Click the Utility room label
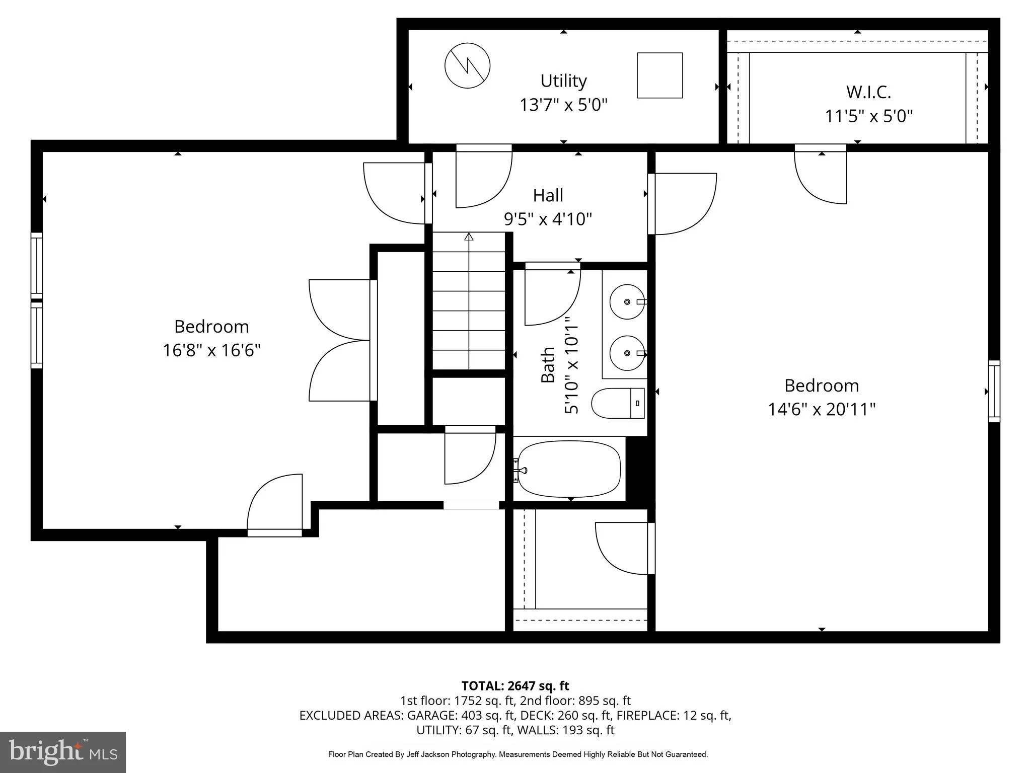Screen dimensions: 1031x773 click(563, 81)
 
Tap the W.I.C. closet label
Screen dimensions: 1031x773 click(868, 92)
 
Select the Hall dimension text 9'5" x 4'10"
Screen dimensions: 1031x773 click(548, 219)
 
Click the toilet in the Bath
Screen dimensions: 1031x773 click(618, 403)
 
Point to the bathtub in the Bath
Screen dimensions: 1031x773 click(569, 469)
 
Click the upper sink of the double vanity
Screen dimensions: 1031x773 click(627, 302)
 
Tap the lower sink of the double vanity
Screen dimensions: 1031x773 click(627, 353)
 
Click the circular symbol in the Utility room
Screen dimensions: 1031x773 click(468, 65)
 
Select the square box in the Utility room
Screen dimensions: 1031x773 click(659, 75)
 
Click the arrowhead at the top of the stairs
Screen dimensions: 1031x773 click(469, 237)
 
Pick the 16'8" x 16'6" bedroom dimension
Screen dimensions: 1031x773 click(211, 350)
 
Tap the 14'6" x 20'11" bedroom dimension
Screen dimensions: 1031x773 click(822, 409)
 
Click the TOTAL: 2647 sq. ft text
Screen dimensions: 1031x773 click(515, 686)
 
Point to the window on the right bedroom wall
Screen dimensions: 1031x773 click(994, 391)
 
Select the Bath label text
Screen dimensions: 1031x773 click(548, 365)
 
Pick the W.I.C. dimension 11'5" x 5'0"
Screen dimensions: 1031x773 click(868, 116)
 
